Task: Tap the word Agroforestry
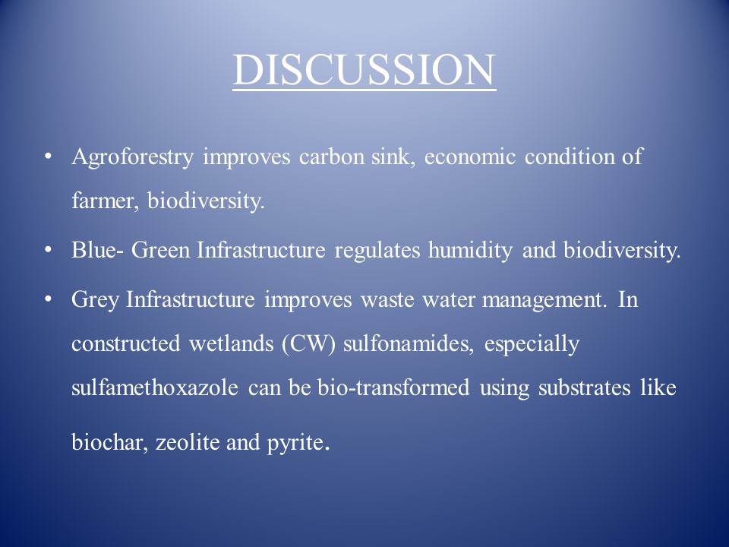(x=132, y=157)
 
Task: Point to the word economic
(x=469, y=157)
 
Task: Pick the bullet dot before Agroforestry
(x=47, y=157)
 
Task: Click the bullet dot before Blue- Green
(x=47, y=250)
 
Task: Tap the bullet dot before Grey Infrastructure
(x=47, y=299)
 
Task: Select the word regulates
(x=377, y=251)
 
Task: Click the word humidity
(x=470, y=251)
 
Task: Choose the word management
(x=544, y=300)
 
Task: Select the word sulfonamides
(x=409, y=343)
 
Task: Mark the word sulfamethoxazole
(x=155, y=387)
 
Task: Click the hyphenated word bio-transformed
(x=393, y=387)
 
